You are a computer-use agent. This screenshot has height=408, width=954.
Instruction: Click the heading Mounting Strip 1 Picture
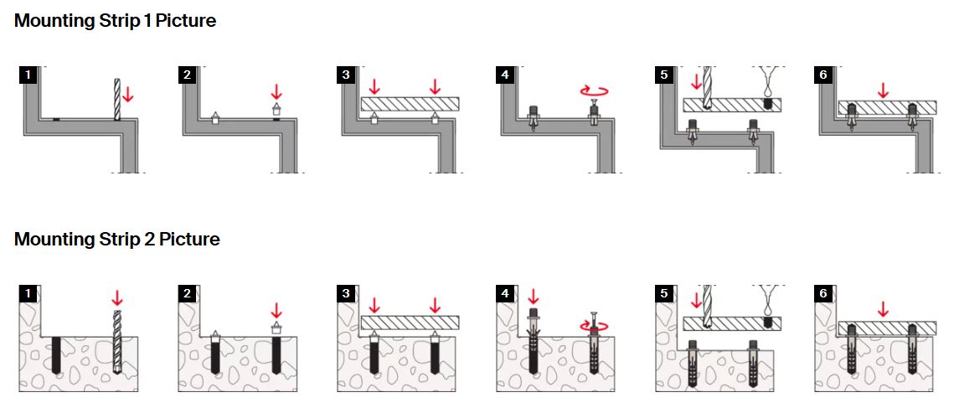click(x=115, y=21)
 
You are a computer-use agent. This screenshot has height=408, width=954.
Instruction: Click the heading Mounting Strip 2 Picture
click(x=116, y=240)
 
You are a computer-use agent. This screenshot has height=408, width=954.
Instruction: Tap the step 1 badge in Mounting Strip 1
click(x=28, y=75)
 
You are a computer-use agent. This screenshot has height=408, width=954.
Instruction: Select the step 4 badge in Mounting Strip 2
click(x=503, y=293)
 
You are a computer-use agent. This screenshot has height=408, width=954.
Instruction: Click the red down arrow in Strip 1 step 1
click(x=127, y=93)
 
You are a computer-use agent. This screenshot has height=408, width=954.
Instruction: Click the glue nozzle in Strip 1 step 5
click(x=767, y=85)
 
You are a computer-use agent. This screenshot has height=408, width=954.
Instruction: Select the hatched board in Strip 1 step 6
click(x=886, y=106)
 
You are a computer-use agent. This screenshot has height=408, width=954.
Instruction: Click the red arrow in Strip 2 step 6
click(x=882, y=308)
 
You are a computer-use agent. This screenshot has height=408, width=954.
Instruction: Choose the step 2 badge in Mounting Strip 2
click(x=187, y=293)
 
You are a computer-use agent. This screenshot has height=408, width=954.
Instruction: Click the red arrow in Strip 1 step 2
click(x=277, y=90)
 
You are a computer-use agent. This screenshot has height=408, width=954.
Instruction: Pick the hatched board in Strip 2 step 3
click(x=410, y=323)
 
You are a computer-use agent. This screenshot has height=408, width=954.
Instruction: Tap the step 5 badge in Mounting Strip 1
click(x=664, y=75)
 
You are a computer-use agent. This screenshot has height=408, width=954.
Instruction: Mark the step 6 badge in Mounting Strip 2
click(x=822, y=293)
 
